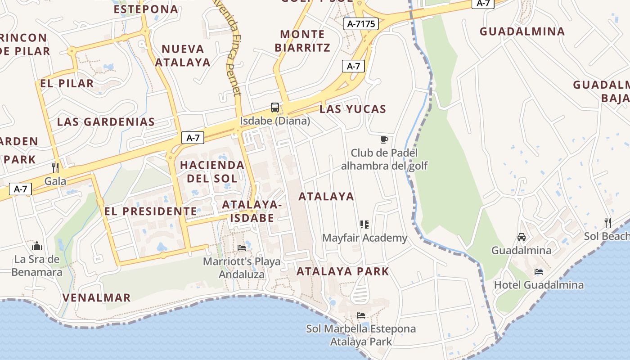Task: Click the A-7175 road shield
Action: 361,24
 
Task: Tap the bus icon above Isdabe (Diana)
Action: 275,108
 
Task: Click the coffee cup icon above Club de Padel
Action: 384,139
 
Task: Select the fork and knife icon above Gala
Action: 55,167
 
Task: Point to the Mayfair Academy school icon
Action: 364,224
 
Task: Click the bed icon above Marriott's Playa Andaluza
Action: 242,247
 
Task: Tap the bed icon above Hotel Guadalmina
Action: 538,271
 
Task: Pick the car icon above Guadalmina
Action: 521,237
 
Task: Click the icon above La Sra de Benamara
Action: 37,246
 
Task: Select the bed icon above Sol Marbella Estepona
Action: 360,315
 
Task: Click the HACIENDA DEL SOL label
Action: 212,171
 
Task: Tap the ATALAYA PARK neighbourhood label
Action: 342,271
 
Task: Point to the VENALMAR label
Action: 96,297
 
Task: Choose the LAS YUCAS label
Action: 353,109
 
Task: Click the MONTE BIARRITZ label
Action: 302,40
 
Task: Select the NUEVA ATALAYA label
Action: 183,55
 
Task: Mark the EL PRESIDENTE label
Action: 150,211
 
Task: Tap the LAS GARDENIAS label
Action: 106,121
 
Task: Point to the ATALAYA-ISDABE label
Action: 252,211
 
